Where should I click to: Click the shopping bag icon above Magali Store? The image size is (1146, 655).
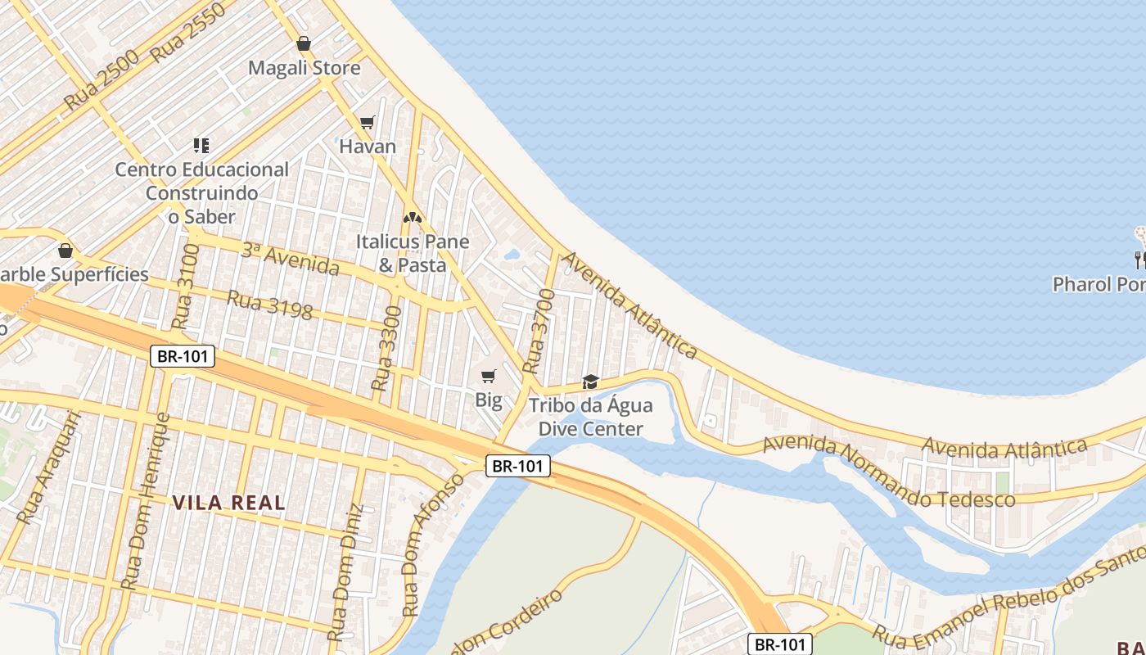pyautogui.click(x=304, y=43)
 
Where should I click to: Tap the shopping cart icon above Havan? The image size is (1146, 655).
pyautogui.click(x=368, y=123)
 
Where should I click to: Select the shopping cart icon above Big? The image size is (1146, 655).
pyautogui.click(x=489, y=377)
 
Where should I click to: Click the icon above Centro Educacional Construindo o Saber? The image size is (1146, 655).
pyautogui.click(x=201, y=146)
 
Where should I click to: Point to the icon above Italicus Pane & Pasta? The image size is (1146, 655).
pyautogui.click(x=413, y=218)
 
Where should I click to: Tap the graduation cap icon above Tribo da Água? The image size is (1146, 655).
pyautogui.click(x=590, y=382)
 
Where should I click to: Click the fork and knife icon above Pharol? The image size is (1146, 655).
pyautogui.click(x=1139, y=260)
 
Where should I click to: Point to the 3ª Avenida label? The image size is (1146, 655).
pyautogui.click(x=290, y=259)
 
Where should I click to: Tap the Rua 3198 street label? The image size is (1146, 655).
pyautogui.click(x=270, y=305)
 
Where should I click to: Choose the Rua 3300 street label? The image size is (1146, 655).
pyautogui.click(x=387, y=348)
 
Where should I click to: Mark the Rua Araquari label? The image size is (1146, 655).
pyautogui.click(x=50, y=467)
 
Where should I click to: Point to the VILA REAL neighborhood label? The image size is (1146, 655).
pyautogui.click(x=228, y=503)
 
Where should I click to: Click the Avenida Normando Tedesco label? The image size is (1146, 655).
pyautogui.click(x=889, y=472)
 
